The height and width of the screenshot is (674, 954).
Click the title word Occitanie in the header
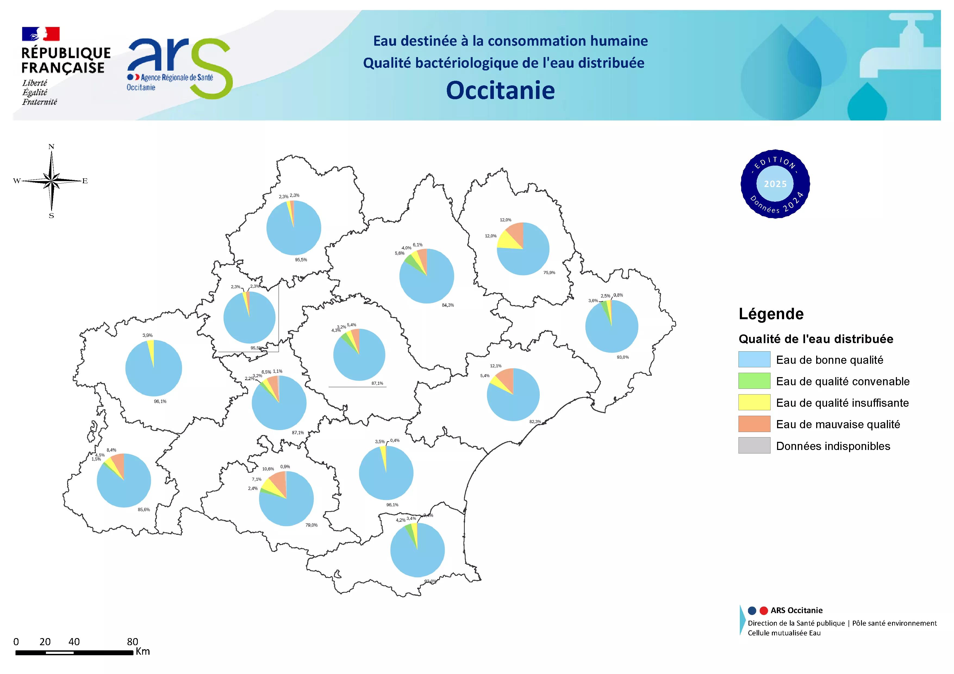500,90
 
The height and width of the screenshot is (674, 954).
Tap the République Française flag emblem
41,34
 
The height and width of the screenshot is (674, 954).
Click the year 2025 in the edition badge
775,184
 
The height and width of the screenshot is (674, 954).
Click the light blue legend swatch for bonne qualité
754,359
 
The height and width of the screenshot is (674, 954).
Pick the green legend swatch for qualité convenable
754,381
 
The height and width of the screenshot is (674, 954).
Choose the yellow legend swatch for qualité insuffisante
754,403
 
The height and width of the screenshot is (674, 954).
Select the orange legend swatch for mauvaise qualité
754,424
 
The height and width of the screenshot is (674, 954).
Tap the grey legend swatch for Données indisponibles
754,446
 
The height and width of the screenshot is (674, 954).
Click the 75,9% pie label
549,273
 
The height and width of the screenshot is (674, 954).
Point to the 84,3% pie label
447,305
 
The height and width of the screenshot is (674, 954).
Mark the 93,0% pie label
622,357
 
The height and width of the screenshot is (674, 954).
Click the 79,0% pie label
311,525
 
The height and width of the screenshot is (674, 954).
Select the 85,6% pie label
144,510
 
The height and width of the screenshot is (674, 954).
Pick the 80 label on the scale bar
132,642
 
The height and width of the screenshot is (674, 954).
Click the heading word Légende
771,314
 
